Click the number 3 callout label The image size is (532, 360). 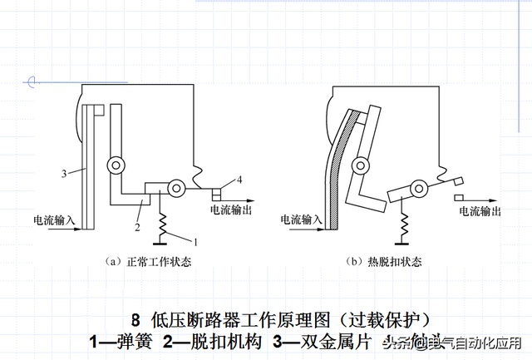62,173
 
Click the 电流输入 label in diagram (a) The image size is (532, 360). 54,219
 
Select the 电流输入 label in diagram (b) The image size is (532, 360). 302,219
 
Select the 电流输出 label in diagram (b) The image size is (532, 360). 480,211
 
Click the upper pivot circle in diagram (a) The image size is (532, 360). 116,165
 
